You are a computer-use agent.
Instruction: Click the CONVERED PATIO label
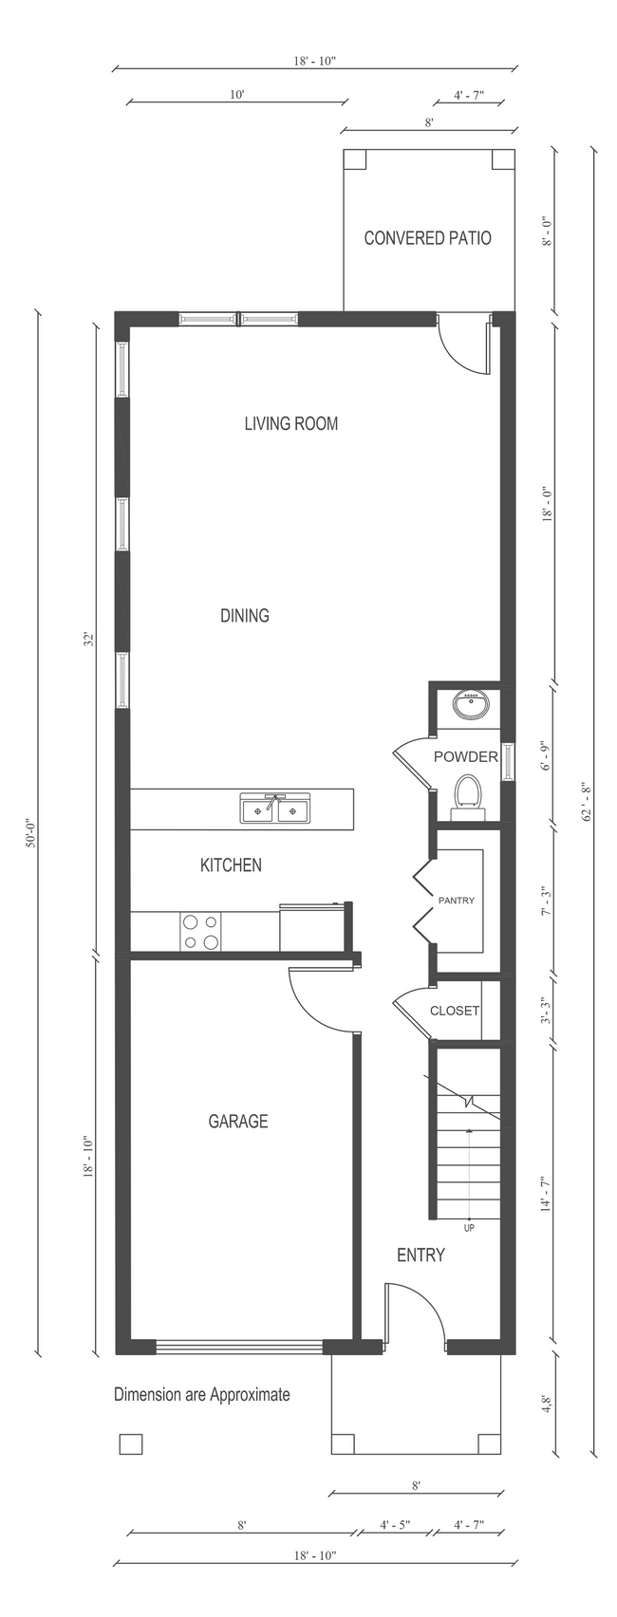427,238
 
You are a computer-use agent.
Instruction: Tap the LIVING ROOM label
290,423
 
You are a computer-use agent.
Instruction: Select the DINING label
245,616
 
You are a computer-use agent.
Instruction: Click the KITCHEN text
231,865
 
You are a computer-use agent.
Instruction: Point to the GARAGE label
238,1122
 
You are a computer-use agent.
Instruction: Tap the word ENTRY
421,1255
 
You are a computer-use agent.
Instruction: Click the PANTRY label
456,901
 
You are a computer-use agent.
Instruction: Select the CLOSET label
455,1011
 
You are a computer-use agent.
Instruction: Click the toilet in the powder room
467,794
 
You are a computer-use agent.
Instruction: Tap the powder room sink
471,705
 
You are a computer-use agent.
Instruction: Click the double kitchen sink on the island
275,809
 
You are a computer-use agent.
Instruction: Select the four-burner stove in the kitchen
200,931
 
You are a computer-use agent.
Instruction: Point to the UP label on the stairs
469,1228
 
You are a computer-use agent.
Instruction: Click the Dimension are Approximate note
201,1395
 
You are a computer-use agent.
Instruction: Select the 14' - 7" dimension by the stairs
546,1193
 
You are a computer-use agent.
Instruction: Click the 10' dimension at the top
237,94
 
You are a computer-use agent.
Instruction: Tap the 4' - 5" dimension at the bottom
395,1526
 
